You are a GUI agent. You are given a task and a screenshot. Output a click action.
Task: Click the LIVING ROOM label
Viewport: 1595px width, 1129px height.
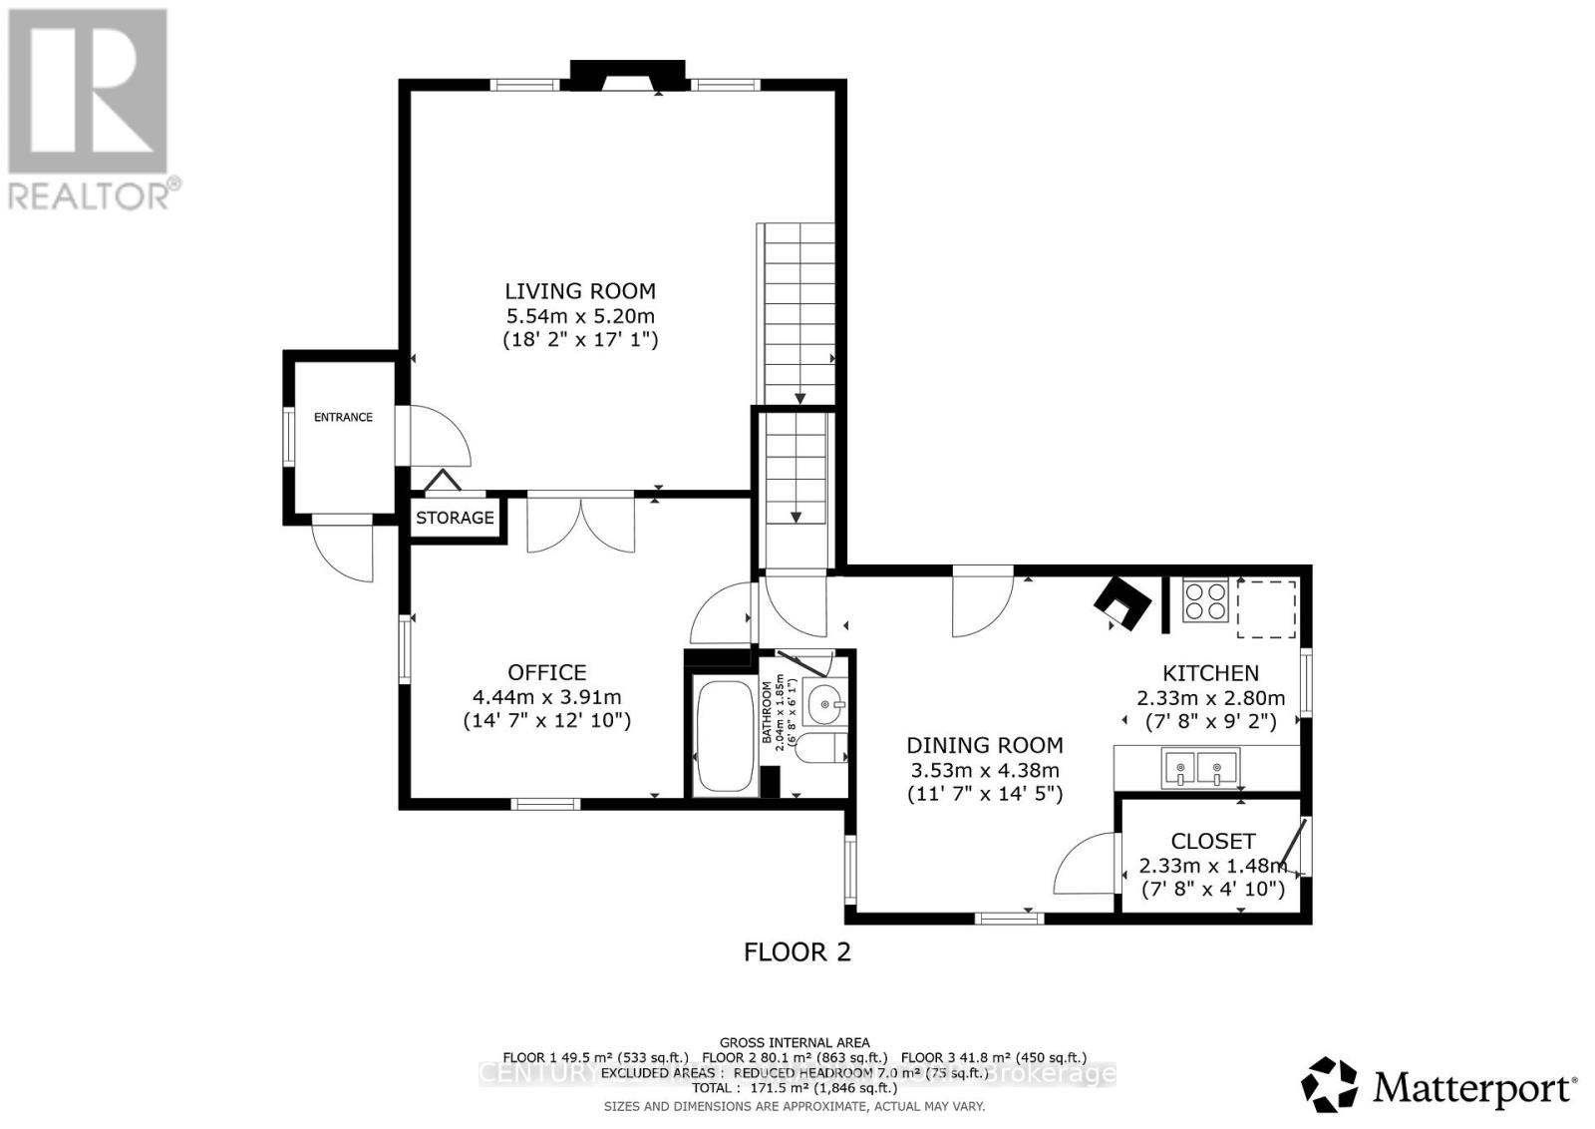579,291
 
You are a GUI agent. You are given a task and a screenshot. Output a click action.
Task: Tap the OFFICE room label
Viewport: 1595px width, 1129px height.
546,672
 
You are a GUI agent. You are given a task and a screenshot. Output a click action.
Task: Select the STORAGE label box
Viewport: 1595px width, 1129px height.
455,518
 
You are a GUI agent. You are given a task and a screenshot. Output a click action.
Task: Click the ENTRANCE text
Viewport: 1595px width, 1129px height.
343,417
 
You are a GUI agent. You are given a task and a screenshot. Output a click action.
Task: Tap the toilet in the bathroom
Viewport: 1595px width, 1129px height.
826,748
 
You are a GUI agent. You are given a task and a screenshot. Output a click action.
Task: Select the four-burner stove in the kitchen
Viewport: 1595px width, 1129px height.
1205,601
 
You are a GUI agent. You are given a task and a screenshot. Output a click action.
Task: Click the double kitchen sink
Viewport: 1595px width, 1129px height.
1199,767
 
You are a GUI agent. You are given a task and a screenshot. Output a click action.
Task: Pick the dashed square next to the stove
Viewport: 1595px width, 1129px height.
1267,608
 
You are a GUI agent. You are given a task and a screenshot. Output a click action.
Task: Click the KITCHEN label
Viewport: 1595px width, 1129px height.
1210,673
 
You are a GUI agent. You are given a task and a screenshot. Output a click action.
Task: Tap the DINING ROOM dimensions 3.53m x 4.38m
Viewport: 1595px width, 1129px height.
984,770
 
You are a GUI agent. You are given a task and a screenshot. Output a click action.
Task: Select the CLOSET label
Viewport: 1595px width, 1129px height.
1212,841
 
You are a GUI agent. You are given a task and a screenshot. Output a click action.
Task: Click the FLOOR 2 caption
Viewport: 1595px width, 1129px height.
797,951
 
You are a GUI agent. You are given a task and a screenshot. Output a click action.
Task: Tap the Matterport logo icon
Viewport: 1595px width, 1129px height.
1330,1084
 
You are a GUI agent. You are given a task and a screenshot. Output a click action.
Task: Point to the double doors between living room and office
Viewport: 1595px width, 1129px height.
580,523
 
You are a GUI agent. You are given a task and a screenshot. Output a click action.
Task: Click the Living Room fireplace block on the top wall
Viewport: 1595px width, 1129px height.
628,75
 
